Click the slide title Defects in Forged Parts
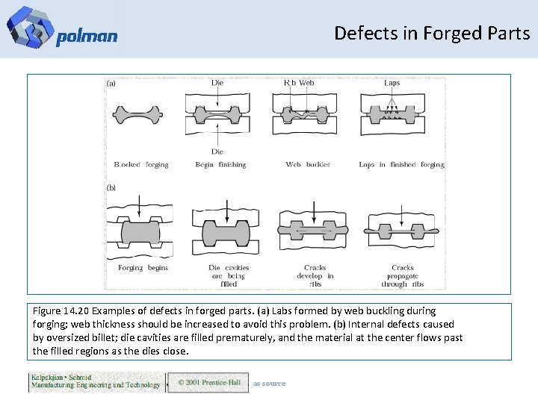click(x=432, y=34)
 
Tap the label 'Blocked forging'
click(x=141, y=164)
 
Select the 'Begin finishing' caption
click(x=214, y=164)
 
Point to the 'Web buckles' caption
click(x=308, y=164)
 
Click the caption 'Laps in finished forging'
click(x=401, y=164)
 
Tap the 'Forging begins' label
click(x=143, y=267)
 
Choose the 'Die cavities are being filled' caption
click(x=229, y=275)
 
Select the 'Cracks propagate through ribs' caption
click(x=403, y=275)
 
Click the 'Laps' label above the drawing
click(x=392, y=83)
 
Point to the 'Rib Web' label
click(x=299, y=83)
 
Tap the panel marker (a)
click(x=111, y=84)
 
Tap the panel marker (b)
click(x=111, y=187)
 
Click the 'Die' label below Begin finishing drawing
click(x=217, y=151)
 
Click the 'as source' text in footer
click(x=269, y=384)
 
